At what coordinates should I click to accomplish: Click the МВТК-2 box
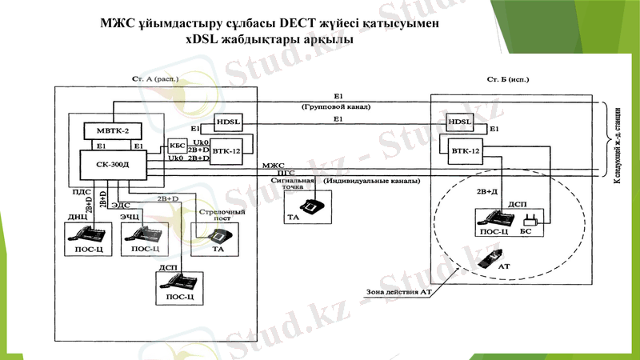tap(111, 130)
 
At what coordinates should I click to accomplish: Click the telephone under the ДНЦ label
tap(87, 233)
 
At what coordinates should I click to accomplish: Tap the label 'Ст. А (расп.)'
tap(154, 80)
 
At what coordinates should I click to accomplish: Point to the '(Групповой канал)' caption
tap(336, 106)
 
